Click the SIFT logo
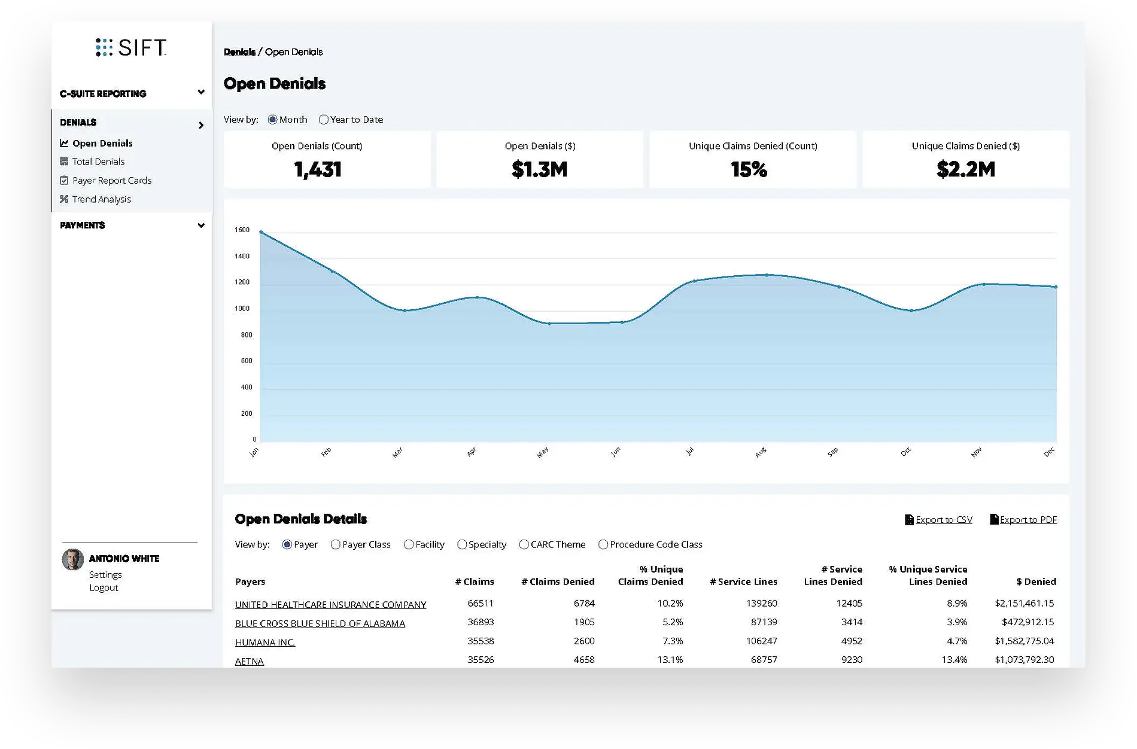(x=131, y=47)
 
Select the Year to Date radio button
(x=324, y=120)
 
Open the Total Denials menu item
(x=98, y=162)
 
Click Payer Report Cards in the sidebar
(x=111, y=181)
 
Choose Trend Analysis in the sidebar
(x=101, y=199)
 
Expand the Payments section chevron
(x=201, y=226)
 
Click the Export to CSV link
(x=943, y=520)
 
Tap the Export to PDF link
(x=1027, y=520)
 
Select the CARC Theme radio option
(x=524, y=544)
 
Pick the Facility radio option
(x=409, y=544)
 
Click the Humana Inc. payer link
(x=265, y=643)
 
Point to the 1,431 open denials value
(x=318, y=170)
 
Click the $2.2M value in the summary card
(x=965, y=170)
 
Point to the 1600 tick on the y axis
(x=242, y=230)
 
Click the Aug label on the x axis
(x=760, y=453)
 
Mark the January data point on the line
(x=261, y=232)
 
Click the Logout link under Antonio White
(x=104, y=587)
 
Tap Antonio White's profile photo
(x=73, y=560)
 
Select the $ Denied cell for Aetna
(x=1024, y=660)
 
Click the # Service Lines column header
(x=743, y=581)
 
